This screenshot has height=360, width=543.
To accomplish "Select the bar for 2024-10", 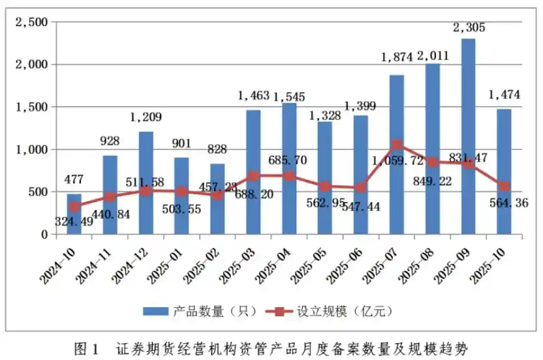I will (x=74, y=214).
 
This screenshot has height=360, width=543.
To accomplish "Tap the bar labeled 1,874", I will (x=396, y=155).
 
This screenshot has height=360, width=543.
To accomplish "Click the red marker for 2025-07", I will (x=396, y=145).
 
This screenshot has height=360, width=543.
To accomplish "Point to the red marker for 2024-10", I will (x=74, y=207).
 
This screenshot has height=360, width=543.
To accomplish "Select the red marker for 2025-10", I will (x=503, y=187).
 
